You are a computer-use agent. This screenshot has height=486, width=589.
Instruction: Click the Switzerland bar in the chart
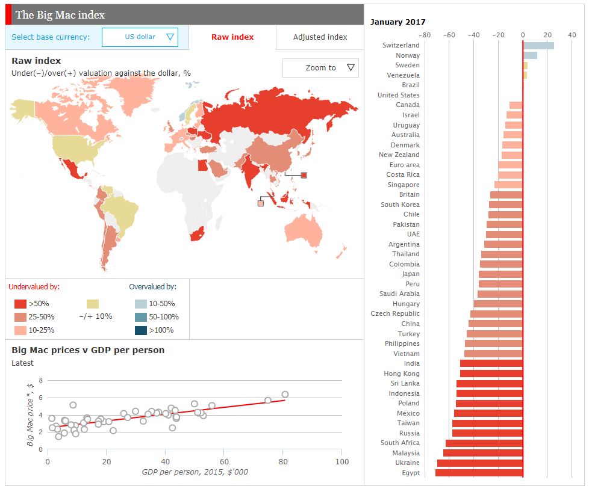tap(538, 45)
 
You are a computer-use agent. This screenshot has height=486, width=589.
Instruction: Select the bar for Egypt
tap(479, 473)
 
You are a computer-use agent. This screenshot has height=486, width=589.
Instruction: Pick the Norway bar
tap(530, 55)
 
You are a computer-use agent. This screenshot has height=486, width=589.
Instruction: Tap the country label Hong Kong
tap(402, 374)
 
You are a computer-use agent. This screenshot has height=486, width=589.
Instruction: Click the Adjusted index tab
tap(320, 37)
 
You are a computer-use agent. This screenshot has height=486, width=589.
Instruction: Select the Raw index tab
tap(232, 37)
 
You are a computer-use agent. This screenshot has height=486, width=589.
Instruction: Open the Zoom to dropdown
tap(320, 68)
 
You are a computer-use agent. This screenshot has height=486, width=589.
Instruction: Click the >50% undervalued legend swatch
tap(20, 304)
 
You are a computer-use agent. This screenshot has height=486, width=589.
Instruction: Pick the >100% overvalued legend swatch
tap(141, 330)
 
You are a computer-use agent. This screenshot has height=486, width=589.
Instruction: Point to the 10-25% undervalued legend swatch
tap(20, 330)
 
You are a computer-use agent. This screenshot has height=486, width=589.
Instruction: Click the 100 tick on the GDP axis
tap(341, 461)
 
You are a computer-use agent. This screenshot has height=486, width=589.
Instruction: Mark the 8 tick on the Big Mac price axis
tap(41, 380)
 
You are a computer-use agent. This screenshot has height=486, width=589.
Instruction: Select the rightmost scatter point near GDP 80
tap(285, 395)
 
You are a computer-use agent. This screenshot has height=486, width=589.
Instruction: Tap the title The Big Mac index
tap(60, 14)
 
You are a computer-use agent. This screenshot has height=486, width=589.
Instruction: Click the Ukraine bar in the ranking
tap(480, 463)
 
